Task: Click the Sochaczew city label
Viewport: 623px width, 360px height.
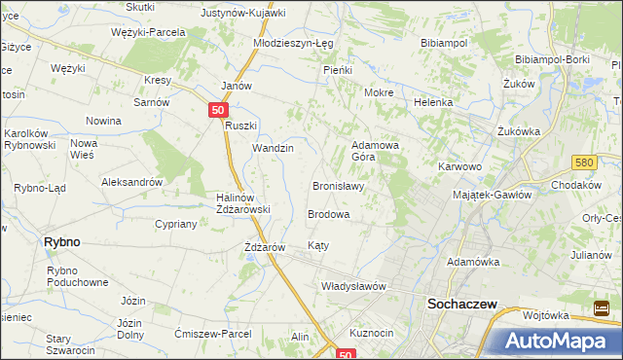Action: coord(462,305)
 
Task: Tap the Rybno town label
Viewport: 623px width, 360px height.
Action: coord(61,242)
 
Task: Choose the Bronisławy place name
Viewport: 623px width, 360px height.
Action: coord(338,186)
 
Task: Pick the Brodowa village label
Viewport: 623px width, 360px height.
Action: coord(328,213)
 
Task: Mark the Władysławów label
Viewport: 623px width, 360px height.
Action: coord(354,287)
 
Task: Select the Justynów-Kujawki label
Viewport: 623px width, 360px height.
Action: coord(242,14)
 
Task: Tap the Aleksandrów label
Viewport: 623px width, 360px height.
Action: coord(131,182)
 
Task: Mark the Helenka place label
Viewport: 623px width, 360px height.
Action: coord(433,102)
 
